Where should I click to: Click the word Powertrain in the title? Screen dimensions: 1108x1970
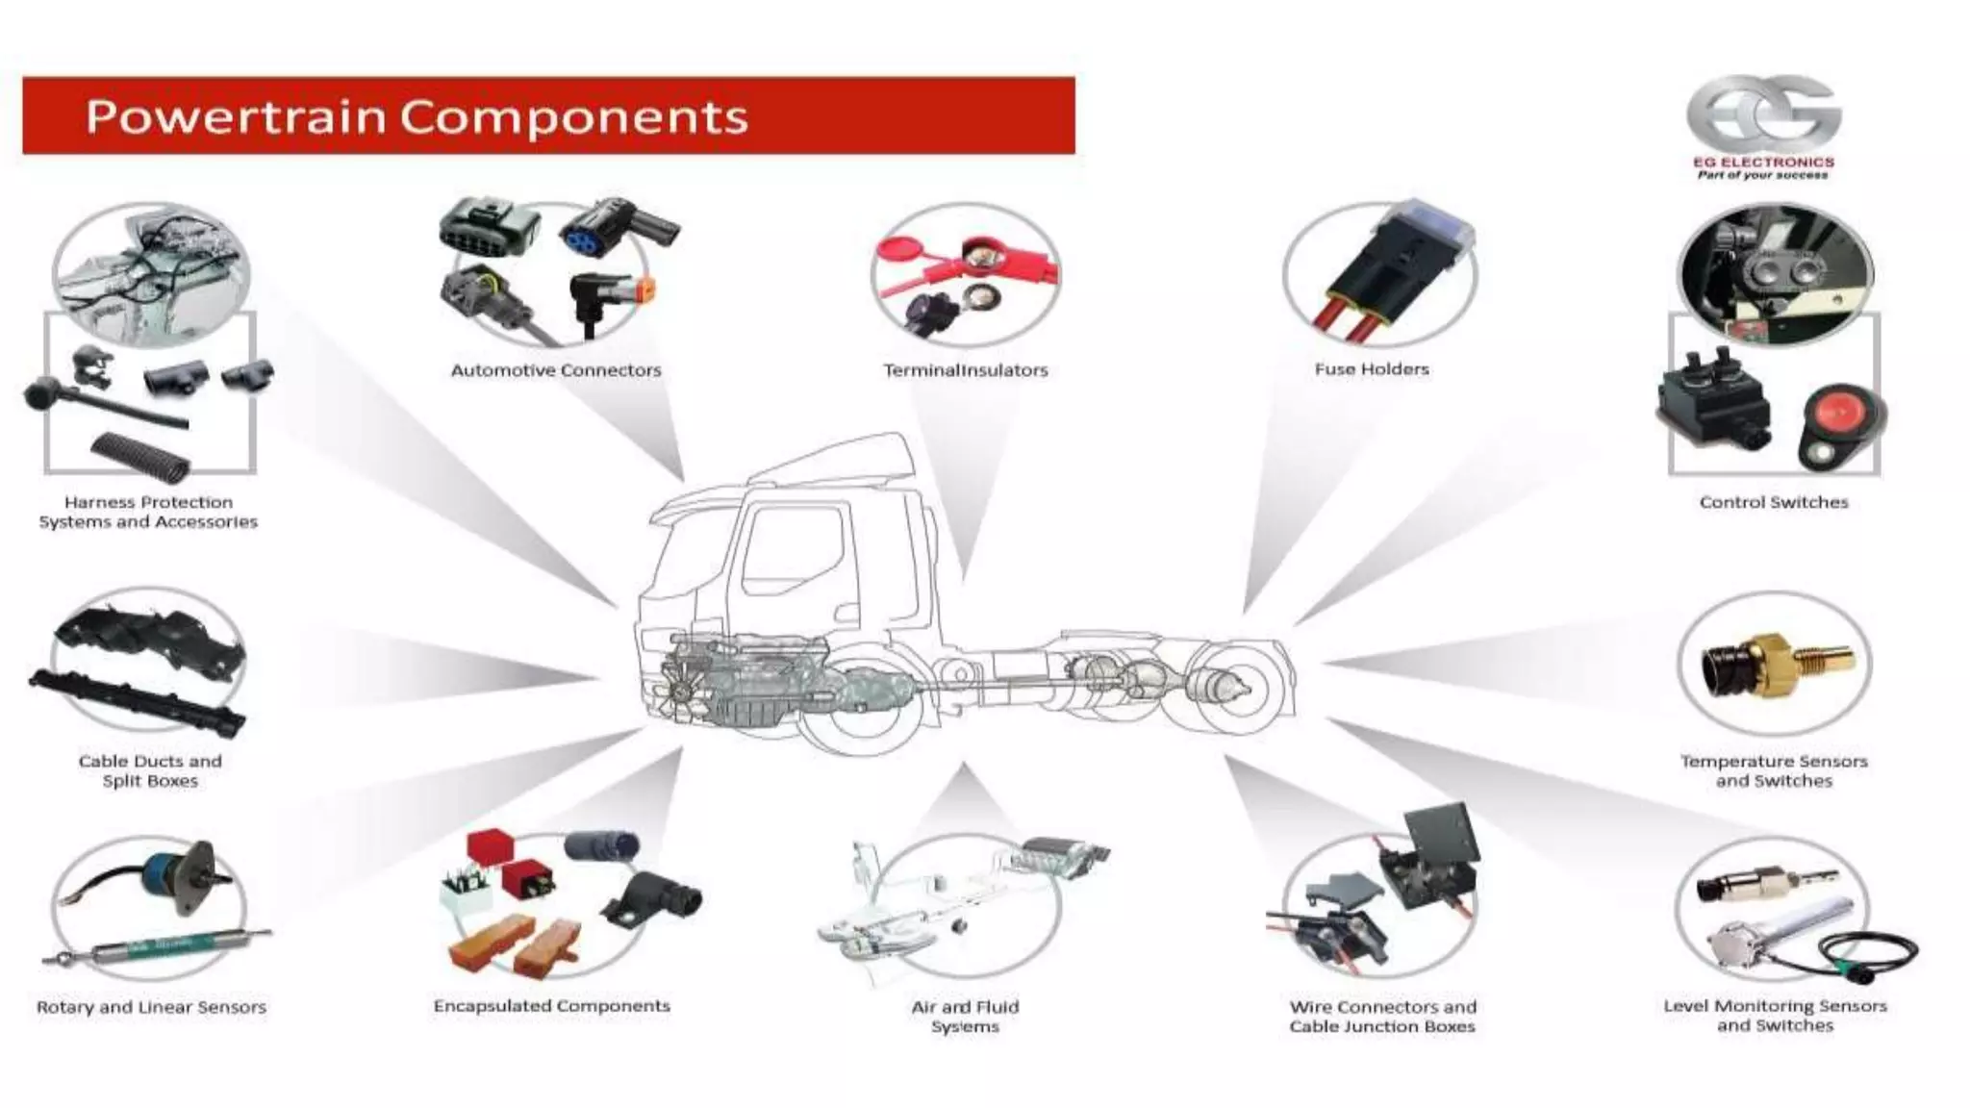coord(236,117)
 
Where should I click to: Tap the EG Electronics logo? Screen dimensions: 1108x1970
coord(1763,125)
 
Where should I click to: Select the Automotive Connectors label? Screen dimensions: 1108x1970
coord(556,370)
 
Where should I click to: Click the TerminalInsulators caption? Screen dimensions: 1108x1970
coord(965,370)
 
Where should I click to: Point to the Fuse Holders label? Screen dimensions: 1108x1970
coord(1372,369)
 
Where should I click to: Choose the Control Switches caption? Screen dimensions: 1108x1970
coord(1774,502)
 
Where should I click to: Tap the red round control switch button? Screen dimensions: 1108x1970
coord(1837,414)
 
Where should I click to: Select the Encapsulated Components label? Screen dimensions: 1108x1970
coord(551,1006)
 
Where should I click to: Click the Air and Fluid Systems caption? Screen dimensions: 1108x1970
coord(965,1017)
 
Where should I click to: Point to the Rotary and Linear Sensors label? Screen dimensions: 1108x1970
coord(151,1007)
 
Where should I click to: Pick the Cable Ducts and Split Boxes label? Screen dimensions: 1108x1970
coord(150,771)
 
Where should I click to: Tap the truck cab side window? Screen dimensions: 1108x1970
coord(794,553)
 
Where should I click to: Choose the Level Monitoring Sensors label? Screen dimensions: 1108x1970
coord(1775,1016)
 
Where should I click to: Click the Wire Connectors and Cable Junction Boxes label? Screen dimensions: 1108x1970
coord(1382,1017)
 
